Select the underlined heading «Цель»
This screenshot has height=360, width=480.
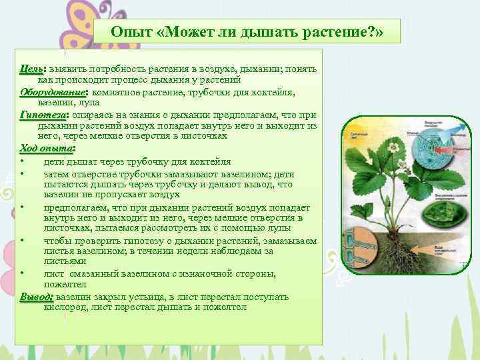[31, 70]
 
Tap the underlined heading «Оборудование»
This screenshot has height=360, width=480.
[54, 91]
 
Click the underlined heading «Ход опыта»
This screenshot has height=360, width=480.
[46, 147]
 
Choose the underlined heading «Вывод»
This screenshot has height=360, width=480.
[37, 296]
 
